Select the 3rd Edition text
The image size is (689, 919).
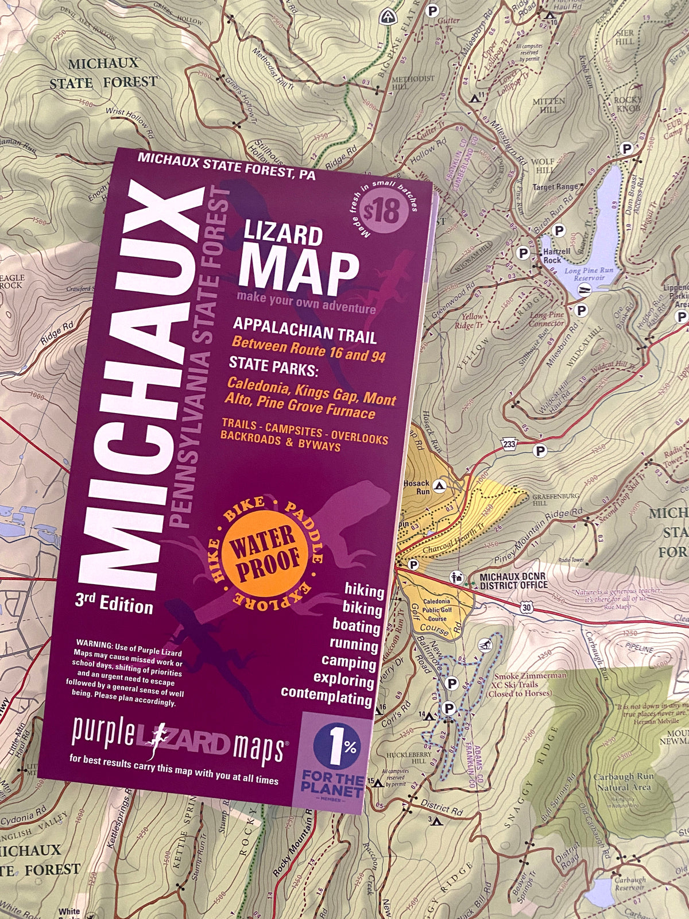coord(114,603)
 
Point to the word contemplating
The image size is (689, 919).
coord(326,696)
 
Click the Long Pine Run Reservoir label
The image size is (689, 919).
coord(589,274)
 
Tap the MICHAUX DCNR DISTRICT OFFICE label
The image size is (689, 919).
coord(513,581)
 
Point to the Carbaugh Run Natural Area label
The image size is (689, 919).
coord(624,782)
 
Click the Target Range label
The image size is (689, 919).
coord(555,187)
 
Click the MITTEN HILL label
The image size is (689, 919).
coord(548,105)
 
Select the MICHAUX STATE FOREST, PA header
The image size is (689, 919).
coord(226,166)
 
